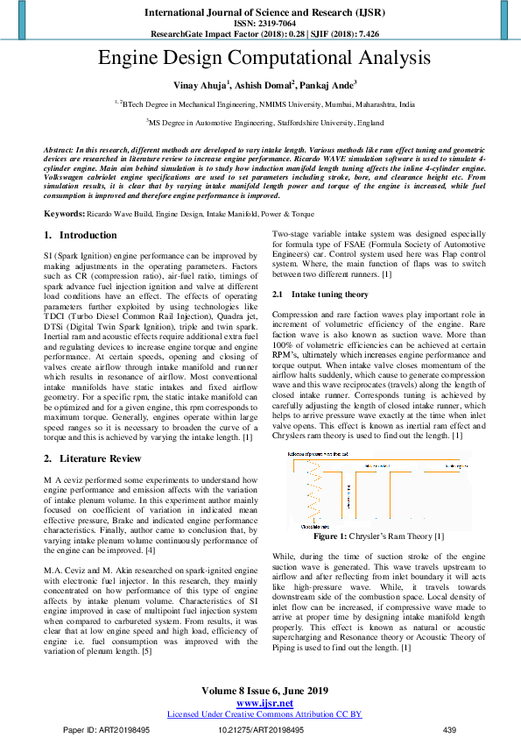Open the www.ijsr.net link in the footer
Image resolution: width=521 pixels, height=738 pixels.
[x=264, y=703]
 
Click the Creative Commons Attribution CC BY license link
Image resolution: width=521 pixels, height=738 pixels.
[x=264, y=714]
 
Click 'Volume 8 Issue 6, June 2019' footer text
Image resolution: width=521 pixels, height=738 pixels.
[x=264, y=691]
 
